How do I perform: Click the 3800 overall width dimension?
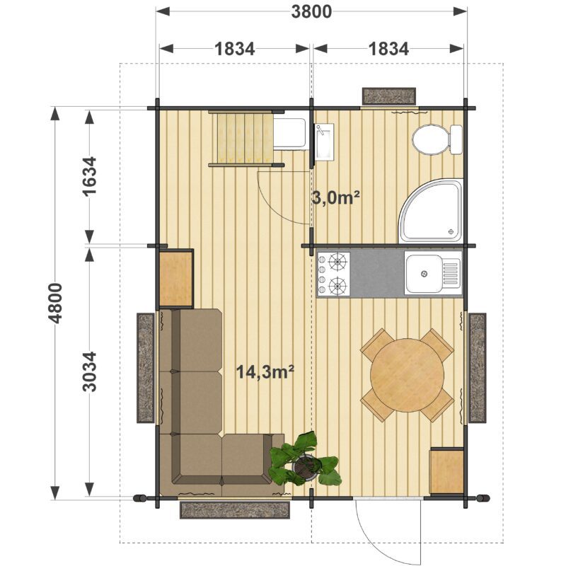tap(311, 11)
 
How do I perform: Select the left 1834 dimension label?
tap(235, 49)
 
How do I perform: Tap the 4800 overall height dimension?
tap(55, 304)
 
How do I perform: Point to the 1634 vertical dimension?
tap(90, 176)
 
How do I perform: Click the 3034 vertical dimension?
tap(90, 371)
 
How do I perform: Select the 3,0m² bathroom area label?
tap(335, 198)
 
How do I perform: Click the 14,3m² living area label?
tap(265, 371)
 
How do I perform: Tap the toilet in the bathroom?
tap(437, 139)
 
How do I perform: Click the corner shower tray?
tap(431, 210)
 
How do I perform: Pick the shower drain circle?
tap(451, 231)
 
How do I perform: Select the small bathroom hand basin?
tap(325, 141)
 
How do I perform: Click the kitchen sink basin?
tap(423, 274)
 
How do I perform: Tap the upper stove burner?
tap(337, 262)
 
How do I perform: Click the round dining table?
tap(408, 375)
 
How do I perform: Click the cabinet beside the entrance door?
tap(446, 470)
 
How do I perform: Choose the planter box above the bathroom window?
tap(389, 96)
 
